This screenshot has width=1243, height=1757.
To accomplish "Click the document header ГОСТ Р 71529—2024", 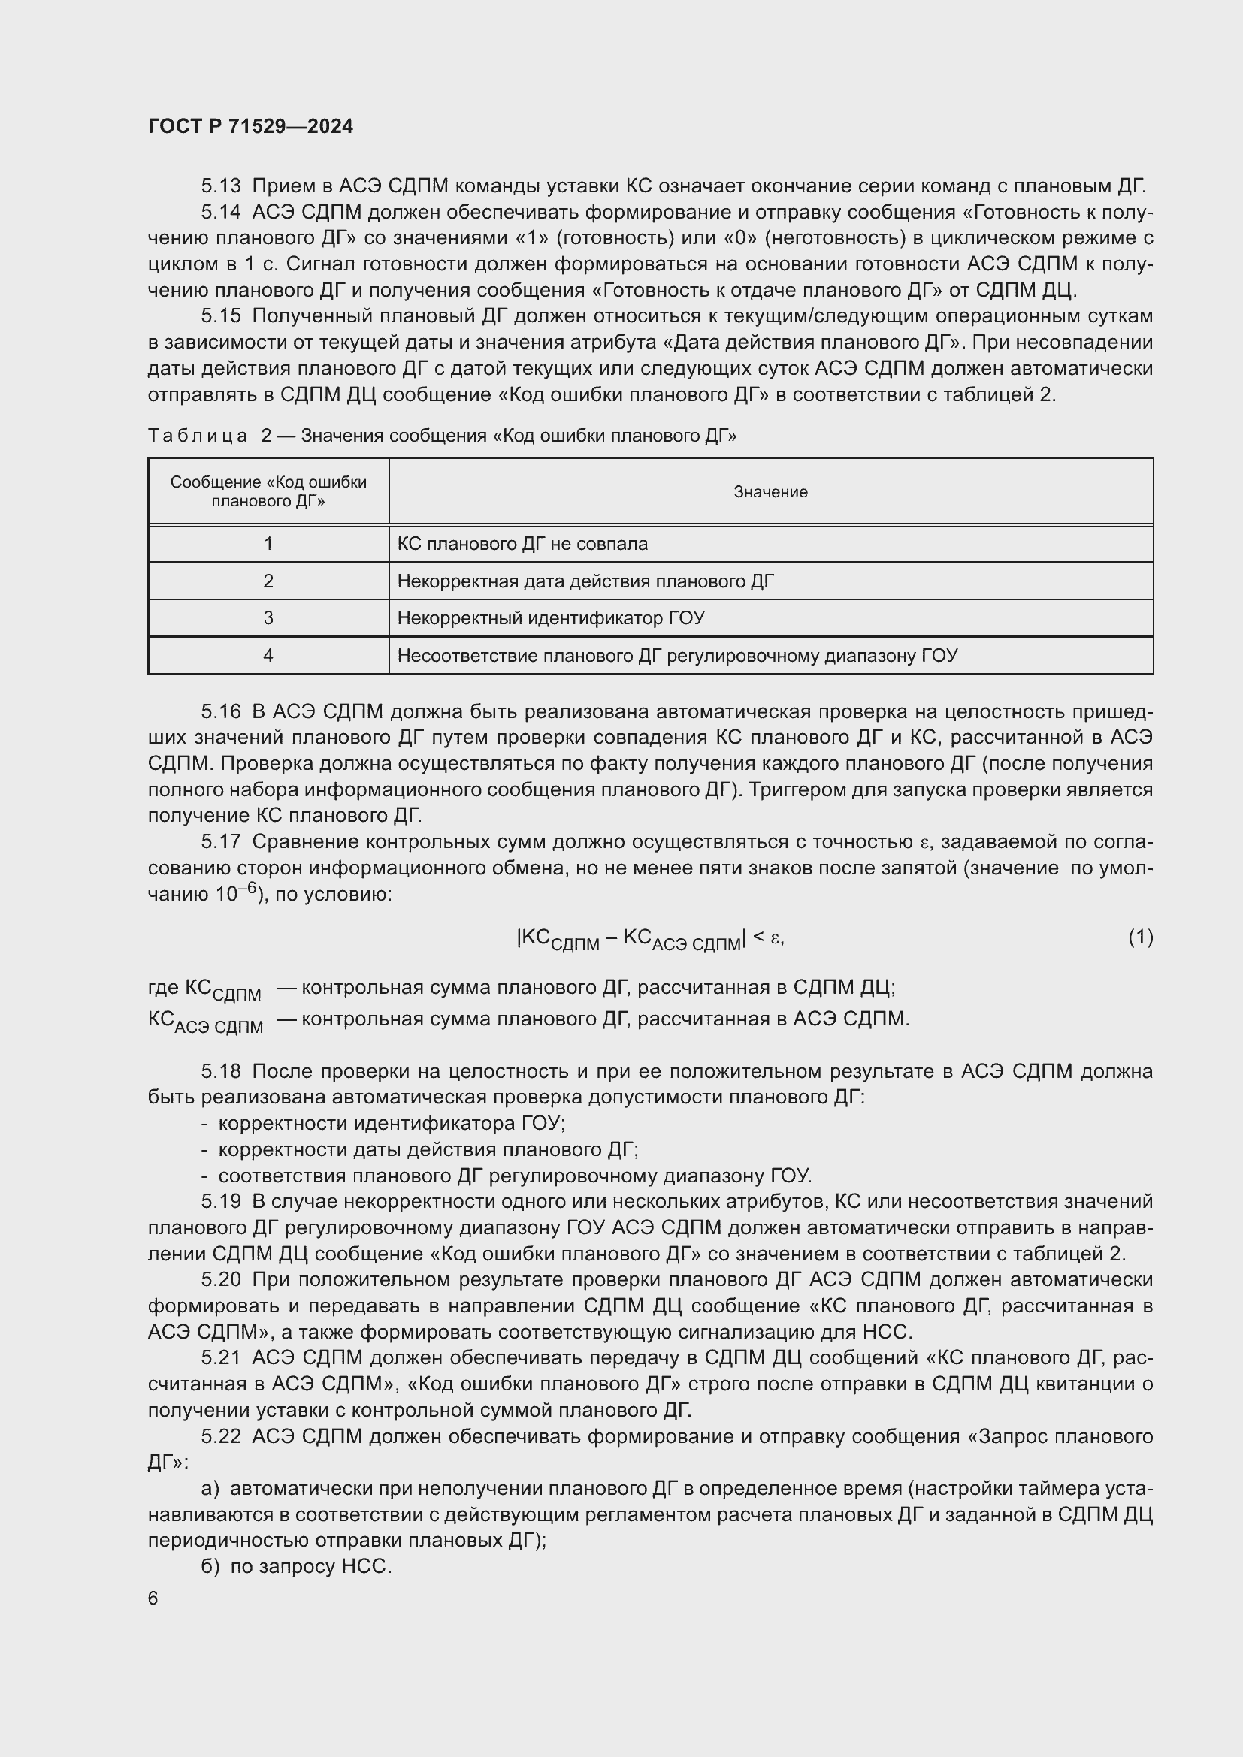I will point(250,126).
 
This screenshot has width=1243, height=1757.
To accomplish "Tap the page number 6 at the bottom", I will point(153,1599).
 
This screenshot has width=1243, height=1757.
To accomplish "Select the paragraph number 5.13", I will point(220,186).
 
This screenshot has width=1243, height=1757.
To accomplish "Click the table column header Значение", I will point(770,492).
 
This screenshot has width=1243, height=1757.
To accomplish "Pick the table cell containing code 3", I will point(268,617).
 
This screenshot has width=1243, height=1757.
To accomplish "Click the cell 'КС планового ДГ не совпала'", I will point(522,544).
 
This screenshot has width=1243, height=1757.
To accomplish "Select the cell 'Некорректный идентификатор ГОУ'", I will point(550,617).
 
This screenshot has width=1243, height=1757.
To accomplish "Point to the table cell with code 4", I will point(268,655).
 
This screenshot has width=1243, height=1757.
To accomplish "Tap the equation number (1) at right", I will point(1140,937).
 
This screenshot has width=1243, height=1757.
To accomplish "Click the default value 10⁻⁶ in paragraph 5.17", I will point(240,893).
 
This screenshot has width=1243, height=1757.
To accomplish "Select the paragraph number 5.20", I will point(220,1279).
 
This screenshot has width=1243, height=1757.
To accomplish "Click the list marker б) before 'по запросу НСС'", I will point(210,1566).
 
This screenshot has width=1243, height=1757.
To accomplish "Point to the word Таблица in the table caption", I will point(198,436).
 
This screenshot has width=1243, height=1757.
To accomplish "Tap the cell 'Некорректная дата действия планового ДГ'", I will point(585,581).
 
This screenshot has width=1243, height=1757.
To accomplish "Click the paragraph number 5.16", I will point(220,711).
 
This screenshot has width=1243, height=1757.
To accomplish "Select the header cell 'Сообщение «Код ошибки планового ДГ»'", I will point(268,491).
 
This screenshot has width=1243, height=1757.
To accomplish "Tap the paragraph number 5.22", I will point(220,1436).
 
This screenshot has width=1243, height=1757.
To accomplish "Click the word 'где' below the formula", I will point(163,987).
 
